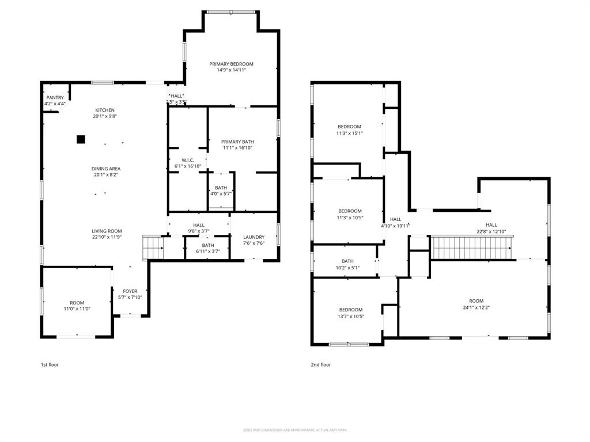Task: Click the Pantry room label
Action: pyautogui.click(x=55, y=98)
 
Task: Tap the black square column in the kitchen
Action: pyautogui.click(x=81, y=139)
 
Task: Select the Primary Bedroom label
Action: pyautogui.click(x=231, y=64)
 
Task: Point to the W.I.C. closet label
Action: pyautogui.click(x=187, y=161)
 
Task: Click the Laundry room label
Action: pyautogui.click(x=254, y=237)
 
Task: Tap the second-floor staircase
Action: pyautogui.click(x=472, y=248)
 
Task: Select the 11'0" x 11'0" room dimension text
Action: pyautogui.click(x=77, y=309)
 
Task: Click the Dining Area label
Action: pyautogui.click(x=105, y=169)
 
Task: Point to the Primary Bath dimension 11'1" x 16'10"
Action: pyautogui.click(x=237, y=148)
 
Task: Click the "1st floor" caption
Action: pyautogui.click(x=50, y=364)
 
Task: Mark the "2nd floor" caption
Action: pyautogui.click(x=321, y=364)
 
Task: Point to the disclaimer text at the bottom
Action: pyautogui.click(x=295, y=430)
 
